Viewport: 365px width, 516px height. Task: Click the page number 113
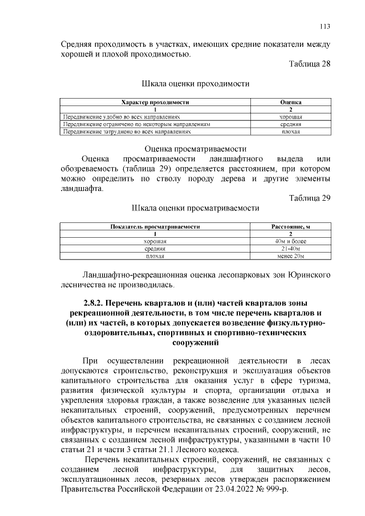click(x=325, y=26)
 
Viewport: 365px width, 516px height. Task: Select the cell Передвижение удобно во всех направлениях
click(x=109, y=116)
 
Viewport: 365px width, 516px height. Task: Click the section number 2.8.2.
click(x=88, y=302)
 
